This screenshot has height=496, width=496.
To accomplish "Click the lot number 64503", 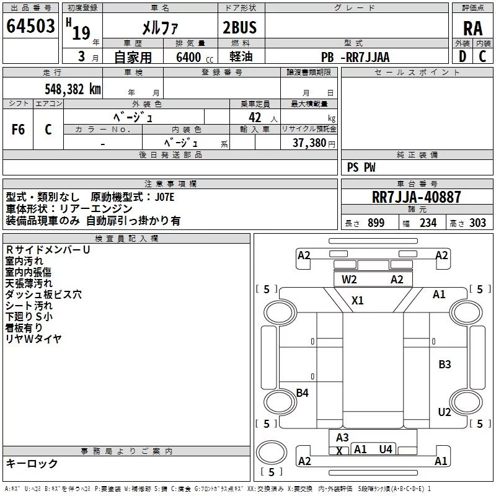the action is [30, 26].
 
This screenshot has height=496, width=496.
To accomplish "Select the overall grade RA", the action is [472, 29].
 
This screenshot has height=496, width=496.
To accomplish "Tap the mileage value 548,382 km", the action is [73, 89].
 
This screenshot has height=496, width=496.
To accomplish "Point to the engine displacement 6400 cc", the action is [195, 57].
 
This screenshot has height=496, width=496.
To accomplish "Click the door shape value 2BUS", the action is [240, 27].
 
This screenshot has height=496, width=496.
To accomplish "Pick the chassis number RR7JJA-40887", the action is [416, 197].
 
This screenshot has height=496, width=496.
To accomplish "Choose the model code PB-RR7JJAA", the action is [355, 57].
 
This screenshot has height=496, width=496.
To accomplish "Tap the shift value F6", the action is [18, 130].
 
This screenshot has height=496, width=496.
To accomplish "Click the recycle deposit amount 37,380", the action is [309, 143].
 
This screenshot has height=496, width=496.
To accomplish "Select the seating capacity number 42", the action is [255, 118].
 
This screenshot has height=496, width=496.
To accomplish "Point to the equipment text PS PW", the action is [361, 167].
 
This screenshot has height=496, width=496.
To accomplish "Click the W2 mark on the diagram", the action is [349, 280].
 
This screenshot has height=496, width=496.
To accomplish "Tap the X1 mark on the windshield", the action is [358, 300].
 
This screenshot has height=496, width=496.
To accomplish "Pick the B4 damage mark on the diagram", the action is [302, 393].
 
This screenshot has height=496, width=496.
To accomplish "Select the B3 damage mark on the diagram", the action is [445, 365].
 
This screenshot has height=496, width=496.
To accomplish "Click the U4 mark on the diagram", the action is [386, 449].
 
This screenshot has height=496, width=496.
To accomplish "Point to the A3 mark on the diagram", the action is [342, 438].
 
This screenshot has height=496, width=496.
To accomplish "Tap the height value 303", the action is [477, 223].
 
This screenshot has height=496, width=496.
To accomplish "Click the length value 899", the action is [376, 223].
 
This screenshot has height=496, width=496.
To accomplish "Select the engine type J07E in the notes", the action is [164, 197].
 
